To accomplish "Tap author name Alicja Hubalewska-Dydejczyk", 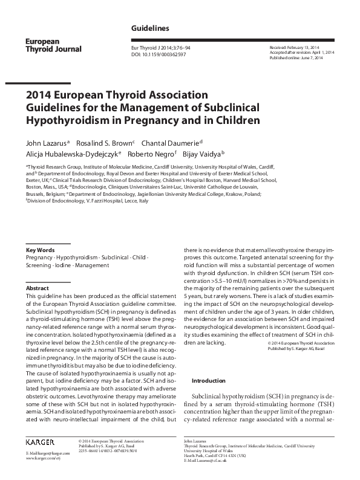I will [73, 154].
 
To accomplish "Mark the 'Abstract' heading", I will [38, 288].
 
